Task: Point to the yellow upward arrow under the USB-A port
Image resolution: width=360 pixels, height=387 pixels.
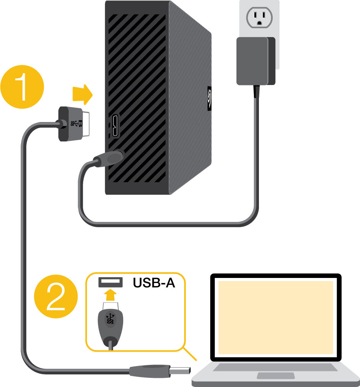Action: [x=111, y=295]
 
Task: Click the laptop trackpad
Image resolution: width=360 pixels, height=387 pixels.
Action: [x=275, y=376]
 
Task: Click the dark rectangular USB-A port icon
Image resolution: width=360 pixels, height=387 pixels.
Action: [x=111, y=283]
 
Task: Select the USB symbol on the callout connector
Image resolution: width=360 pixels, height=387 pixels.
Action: [x=111, y=320]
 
